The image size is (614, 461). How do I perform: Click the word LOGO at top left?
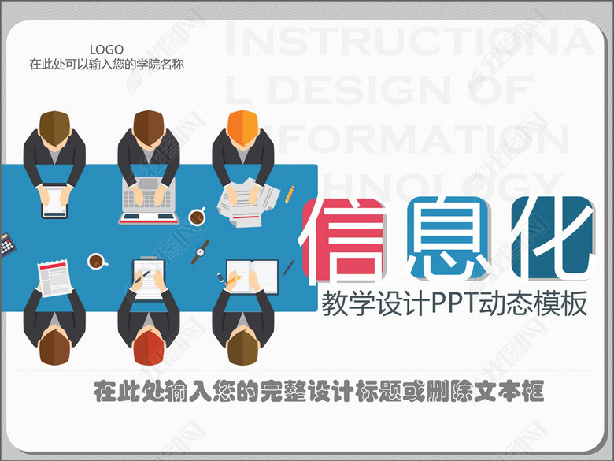coord(106,50)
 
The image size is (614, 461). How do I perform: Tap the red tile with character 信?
coord(344,239)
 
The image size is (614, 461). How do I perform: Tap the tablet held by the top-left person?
coord(54,200)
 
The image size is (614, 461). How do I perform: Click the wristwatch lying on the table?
coord(201,250)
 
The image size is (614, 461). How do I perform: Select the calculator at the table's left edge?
coord(7,244)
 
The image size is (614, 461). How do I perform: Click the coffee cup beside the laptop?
coord(197,215)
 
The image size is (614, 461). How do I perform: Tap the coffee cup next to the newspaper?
coord(96,260)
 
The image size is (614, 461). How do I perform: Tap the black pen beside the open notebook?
coord(288,268)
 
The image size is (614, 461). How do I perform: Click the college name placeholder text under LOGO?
coord(106,65)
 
